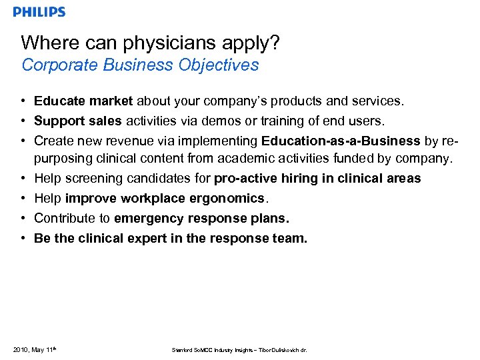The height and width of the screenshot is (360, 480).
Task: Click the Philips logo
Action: point(39,12)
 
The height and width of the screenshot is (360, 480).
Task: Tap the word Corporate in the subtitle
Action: point(53,65)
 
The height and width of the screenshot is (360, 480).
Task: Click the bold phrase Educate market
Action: point(83,101)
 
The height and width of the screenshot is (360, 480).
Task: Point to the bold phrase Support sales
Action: point(77,121)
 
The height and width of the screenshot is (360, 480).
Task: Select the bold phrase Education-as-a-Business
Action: point(341,141)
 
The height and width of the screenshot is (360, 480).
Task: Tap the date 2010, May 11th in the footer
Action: point(33,349)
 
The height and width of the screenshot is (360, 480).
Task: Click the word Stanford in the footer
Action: point(182,350)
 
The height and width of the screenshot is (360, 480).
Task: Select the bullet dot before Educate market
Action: point(23,101)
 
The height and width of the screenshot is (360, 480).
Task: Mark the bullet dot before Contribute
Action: point(23,218)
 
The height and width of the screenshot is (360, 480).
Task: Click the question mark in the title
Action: point(274,43)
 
